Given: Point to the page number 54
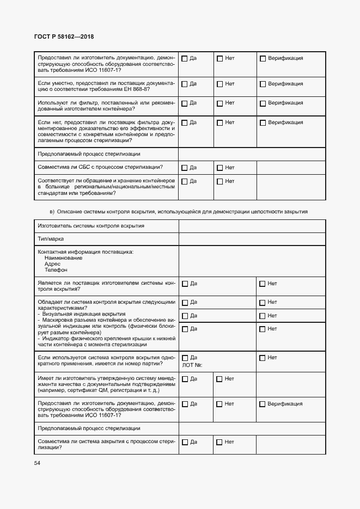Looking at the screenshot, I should (37, 463).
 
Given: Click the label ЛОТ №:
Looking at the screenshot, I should (192, 365).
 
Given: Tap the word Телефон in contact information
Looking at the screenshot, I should (56, 270).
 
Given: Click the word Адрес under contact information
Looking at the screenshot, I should (53, 263).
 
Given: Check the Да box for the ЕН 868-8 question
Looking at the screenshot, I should (184, 84).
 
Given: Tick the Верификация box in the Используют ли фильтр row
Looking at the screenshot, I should (263, 103).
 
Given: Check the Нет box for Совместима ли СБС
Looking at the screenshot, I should (219, 168).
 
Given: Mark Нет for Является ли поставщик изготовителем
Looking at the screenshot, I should (263, 284).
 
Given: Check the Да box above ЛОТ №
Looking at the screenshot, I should (185, 358).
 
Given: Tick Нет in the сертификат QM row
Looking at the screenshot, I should (219, 379).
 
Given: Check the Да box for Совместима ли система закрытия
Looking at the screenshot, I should (185, 442).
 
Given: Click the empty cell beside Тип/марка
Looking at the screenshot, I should (252, 239).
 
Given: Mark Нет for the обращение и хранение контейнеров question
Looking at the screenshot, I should (219, 181).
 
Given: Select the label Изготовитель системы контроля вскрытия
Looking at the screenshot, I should (91, 226).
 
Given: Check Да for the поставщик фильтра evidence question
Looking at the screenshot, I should (184, 122).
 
